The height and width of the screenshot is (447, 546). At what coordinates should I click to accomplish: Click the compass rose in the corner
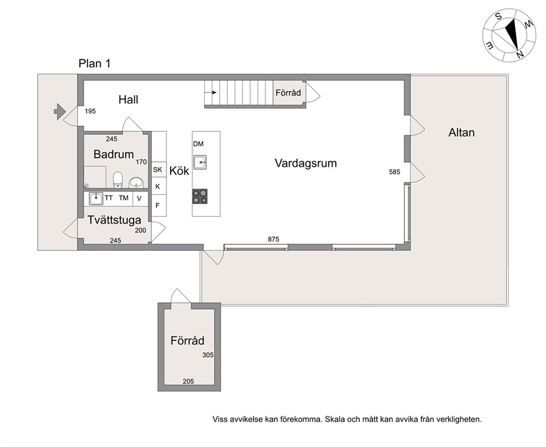(509, 36)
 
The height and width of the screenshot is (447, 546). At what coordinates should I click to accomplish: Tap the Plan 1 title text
(94, 63)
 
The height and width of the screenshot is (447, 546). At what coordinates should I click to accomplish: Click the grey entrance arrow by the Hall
(59, 112)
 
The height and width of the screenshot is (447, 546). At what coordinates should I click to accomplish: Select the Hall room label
(128, 100)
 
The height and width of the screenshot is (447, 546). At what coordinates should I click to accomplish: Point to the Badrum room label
(113, 154)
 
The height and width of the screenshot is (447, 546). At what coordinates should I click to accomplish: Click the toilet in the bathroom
(118, 179)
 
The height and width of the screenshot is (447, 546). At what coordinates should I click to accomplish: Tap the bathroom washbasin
(136, 183)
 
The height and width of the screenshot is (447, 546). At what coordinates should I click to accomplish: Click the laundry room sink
(96, 199)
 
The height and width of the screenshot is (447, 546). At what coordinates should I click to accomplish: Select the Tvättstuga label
(114, 220)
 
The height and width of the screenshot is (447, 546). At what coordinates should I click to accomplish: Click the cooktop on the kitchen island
(200, 196)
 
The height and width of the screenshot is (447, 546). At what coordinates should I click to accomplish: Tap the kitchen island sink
(200, 162)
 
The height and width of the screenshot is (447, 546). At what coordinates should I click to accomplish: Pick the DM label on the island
(198, 144)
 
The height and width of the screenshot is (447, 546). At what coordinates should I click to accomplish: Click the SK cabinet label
(157, 170)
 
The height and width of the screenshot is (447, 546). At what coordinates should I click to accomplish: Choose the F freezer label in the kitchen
(157, 205)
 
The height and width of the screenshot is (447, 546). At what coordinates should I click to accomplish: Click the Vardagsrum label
(305, 163)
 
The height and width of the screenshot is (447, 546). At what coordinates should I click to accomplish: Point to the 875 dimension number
(274, 239)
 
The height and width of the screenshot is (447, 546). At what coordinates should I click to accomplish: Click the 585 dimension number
(395, 172)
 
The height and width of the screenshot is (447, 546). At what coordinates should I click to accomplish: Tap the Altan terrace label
(461, 133)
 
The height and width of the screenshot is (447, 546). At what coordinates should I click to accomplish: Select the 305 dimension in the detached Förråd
(208, 355)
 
